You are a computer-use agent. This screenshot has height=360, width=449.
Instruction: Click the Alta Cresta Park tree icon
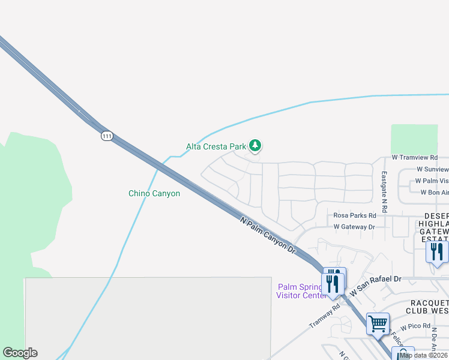(x=256, y=145)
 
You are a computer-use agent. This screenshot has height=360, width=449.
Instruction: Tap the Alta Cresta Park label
(x=216, y=146)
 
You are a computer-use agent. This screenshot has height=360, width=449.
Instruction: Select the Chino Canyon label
(x=154, y=193)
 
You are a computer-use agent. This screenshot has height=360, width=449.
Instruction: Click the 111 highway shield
(x=106, y=136)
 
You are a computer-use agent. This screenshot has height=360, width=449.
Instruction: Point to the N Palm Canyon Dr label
(x=268, y=235)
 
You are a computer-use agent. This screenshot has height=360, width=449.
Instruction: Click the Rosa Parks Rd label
(x=354, y=215)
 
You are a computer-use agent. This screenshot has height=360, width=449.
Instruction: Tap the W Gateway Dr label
(x=354, y=227)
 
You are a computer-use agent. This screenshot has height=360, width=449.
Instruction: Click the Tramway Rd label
(x=325, y=314)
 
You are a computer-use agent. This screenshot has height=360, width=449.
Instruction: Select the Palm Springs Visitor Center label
(x=300, y=290)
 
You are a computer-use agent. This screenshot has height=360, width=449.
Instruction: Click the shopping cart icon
(x=378, y=324)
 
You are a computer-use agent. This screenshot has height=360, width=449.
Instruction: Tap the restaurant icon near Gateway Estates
(x=437, y=251)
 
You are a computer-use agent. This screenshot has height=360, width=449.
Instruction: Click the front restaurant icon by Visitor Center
(x=333, y=284)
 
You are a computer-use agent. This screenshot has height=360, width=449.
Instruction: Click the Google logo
(x=20, y=353)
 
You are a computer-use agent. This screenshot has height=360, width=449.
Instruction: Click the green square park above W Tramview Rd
(x=414, y=139)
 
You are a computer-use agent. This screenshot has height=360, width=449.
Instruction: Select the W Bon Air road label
(x=435, y=193)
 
